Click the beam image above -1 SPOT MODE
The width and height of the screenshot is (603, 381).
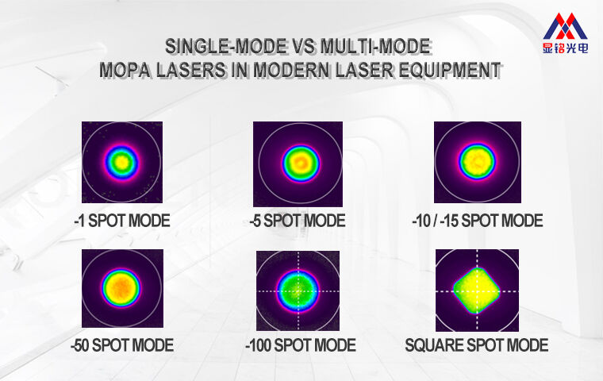pyautogui.click(x=121, y=163)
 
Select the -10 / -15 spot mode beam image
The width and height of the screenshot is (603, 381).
pyautogui.click(x=478, y=163)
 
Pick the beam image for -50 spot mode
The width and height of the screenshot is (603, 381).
pyautogui.click(x=121, y=287)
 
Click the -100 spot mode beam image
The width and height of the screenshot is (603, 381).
pyautogui.click(x=298, y=291)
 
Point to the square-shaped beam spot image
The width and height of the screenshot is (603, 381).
pyautogui.click(x=477, y=291)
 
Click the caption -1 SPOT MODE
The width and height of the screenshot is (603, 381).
pyautogui.click(x=121, y=221)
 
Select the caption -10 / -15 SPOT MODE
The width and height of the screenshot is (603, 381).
pyautogui.click(x=478, y=221)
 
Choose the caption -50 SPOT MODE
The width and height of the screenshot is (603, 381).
pyautogui.click(x=121, y=345)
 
